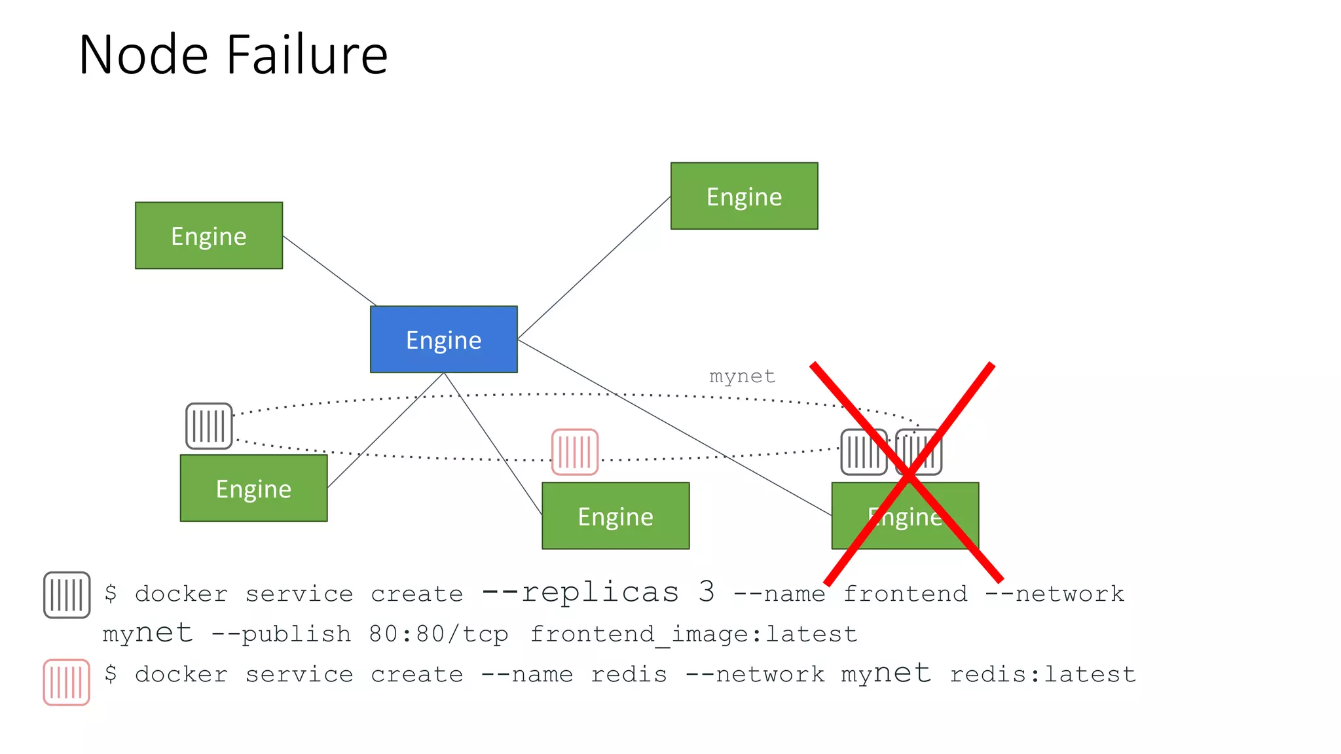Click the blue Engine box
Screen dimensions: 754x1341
[443, 339]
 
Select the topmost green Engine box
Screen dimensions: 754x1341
[744, 196]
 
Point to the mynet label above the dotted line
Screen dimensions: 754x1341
[742, 376]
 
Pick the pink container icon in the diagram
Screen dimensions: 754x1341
[575, 452]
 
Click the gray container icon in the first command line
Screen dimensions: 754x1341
[67, 594]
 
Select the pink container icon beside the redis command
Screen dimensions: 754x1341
[66, 682]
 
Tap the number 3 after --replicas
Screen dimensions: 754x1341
[706, 592]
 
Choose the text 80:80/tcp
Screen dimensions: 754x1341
[438, 634]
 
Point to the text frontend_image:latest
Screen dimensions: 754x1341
[693, 634]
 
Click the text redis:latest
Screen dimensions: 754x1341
[1042, 674]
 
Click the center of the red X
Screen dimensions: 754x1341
[909, 473]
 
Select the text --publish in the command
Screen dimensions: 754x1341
[281, 634]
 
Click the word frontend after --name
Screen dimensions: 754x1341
[905, 594]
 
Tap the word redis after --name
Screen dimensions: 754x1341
[629, 674]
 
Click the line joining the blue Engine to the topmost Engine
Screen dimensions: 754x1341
[594, 268]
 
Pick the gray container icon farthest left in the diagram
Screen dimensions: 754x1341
[209, 426]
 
